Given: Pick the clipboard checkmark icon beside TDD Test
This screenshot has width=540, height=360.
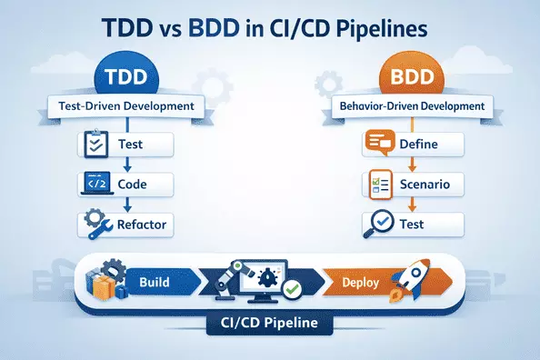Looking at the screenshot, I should [95, 145].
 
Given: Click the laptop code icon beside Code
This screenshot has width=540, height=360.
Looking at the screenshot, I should [95, 183].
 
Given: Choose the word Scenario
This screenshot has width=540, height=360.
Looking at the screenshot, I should [425, 185].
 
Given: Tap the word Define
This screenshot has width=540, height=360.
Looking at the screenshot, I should [419, 145].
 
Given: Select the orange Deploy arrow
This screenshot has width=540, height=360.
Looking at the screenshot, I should [362, 282].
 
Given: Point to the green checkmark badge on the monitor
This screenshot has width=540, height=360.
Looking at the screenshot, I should [292, 290].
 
